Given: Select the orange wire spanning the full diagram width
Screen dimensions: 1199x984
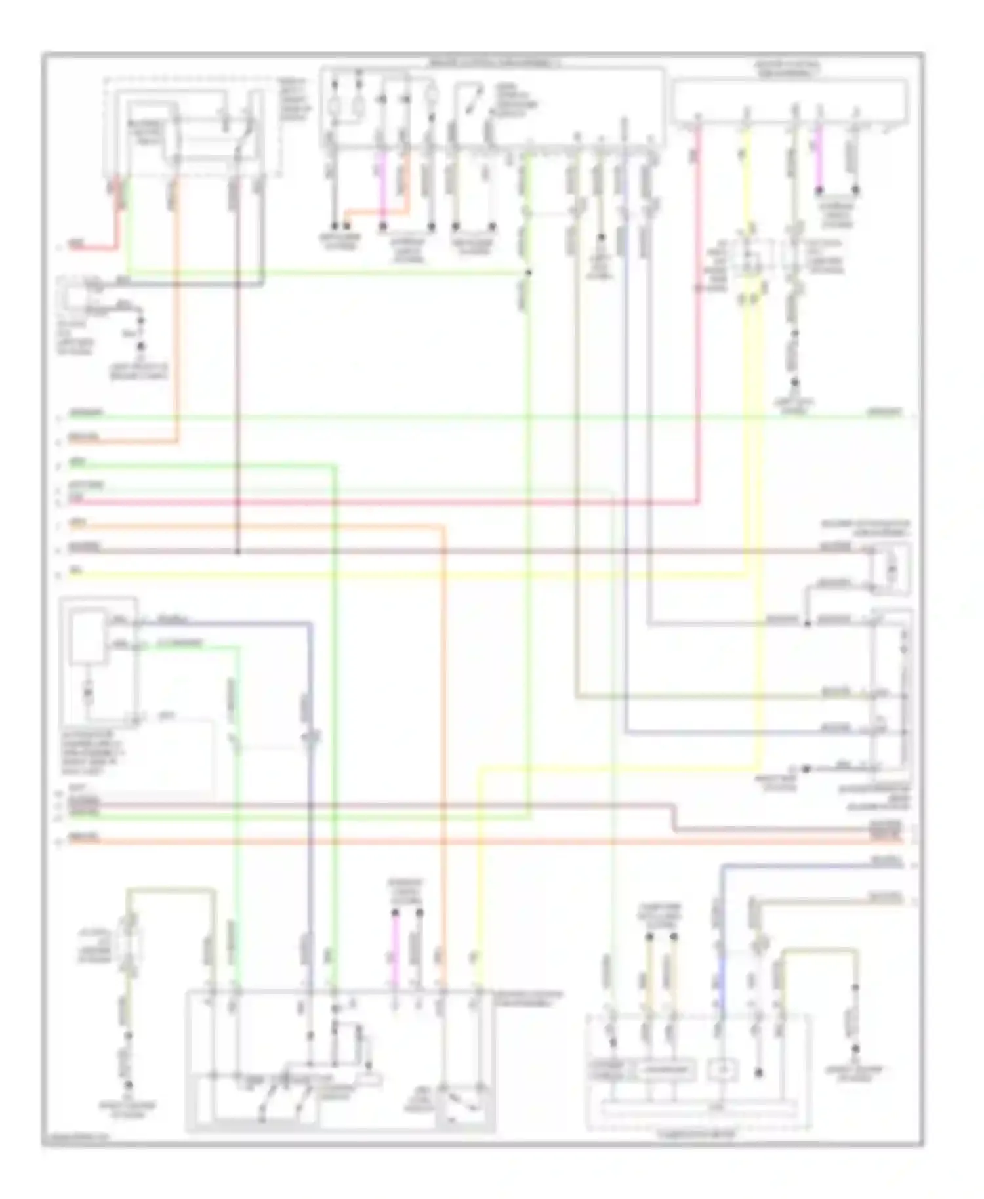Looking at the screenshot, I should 459,842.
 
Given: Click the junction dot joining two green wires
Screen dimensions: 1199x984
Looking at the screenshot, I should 528,272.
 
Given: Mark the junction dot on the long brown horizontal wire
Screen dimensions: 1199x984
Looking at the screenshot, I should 237,551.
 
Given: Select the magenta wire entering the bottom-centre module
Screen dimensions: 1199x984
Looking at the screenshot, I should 394,954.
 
